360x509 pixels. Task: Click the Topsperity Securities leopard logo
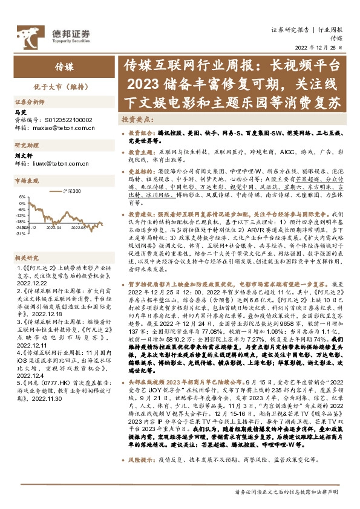click(x=27, y=34)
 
